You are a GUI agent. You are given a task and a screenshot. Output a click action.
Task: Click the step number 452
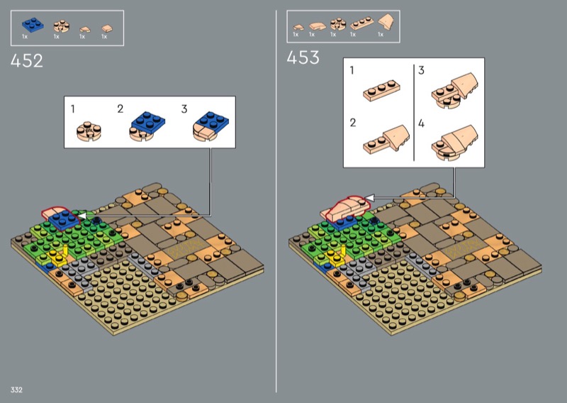coord(27,61)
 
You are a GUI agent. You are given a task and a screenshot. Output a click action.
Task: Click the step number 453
coord(303,57)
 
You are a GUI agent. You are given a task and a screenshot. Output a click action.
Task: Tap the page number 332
coord(16,390)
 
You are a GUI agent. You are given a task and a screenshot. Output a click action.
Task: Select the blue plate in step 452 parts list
coord(33,24)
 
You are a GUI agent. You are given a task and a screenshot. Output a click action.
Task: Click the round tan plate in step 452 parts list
coord(62,26)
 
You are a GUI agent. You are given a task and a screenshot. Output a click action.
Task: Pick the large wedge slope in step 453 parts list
coord(386,22)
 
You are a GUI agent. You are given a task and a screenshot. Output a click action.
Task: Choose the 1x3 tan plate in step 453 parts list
coord(361,23)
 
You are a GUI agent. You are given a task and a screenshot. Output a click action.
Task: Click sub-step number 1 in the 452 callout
coord(73,109)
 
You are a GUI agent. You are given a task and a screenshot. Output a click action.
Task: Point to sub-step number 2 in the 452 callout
coord(120,109)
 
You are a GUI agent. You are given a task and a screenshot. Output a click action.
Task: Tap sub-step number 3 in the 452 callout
coord(184,109)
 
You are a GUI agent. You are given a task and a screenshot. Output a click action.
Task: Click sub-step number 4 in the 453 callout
coord(421,123)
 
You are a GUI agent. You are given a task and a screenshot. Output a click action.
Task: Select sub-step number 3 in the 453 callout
coord(421,70)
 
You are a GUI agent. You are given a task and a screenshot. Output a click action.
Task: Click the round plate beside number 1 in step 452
coord(89,131)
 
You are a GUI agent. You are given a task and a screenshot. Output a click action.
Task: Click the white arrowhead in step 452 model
coord(82,216)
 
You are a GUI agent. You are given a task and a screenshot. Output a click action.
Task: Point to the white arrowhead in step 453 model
coord(369,198)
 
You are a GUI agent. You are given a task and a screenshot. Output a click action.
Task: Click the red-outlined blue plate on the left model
coord(64,219)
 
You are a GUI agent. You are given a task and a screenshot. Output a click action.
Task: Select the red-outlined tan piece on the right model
coord(346,208)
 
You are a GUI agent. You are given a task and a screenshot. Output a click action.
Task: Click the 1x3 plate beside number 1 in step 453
coord(382,91)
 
